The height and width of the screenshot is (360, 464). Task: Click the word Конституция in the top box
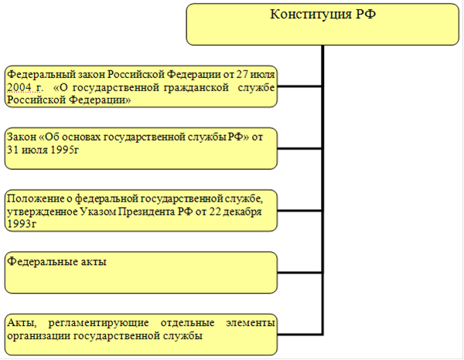311,15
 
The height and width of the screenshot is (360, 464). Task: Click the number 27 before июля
242,74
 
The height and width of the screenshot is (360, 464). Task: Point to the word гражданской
196,88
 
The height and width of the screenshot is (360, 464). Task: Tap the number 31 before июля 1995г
12,150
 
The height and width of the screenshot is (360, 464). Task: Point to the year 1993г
22,224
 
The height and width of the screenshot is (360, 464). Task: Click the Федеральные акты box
141,272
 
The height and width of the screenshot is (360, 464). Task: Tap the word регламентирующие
98,323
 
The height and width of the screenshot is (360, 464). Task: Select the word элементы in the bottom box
251,323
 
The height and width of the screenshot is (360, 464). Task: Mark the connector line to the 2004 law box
299,87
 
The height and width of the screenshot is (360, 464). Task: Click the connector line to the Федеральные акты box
299,273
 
